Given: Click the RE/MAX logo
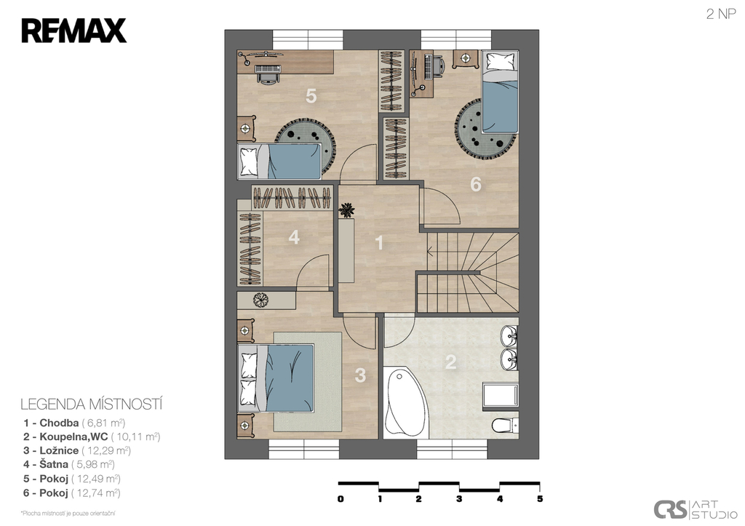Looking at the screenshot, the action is (x=73, y=31).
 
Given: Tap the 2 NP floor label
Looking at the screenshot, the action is (x=721, y=15).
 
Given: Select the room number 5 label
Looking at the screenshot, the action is (x=311, y=96).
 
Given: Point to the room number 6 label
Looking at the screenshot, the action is (x=476, y=184).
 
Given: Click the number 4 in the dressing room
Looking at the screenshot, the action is (x=294, y=237).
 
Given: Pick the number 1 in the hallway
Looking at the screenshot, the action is (x=379, y=242).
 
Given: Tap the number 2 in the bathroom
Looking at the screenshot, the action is (x=450, y=362).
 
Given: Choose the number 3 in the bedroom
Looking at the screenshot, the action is (x=361, y=375).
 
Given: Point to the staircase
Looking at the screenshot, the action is (x=468, y=272).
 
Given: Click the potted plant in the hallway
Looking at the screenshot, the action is (x=347, y=210).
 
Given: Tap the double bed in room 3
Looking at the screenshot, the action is (x=276, y=378).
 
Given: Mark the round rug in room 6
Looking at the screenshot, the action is (x=485, y=127).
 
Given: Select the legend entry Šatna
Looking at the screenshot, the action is (x=69, y=464).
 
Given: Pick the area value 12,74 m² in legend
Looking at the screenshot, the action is (x=96, y=493).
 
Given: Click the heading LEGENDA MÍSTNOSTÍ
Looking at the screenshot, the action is (x=92, y=405).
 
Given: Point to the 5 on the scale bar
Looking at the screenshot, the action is (x=540, y=499).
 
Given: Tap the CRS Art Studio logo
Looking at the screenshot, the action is (x=696, y=510).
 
